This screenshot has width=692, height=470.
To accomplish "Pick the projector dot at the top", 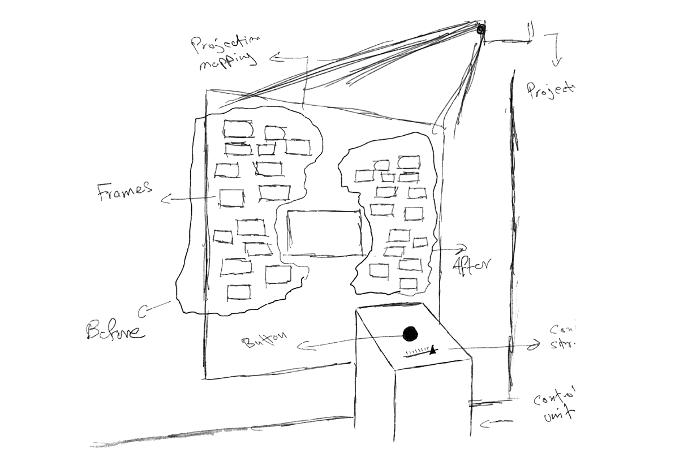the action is tap(481, 29).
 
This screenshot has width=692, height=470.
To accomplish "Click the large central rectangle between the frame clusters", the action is tap(324, 232).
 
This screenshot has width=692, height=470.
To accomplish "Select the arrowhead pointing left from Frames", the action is tap(164, 199).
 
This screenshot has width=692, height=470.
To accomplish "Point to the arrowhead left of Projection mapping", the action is tap(272, 57).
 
